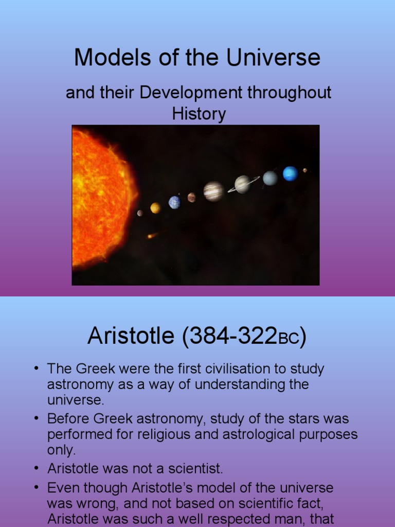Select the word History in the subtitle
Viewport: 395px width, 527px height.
(x=199, y=114)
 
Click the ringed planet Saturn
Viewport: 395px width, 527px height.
(x=243, y=184)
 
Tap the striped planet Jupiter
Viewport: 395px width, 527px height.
(x=213, y=191)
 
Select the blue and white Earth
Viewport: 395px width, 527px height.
(x=175, y=202)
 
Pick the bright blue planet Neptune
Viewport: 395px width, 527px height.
(x=290, y=173)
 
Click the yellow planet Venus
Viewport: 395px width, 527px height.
(x=155, y=207)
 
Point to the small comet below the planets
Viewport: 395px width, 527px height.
(x=151, y=236)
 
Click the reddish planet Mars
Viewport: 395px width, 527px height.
(x=192, y=197)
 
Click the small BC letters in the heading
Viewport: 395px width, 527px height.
(x=290, y=340)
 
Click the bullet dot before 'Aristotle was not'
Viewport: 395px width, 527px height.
(x=36, y=468)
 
